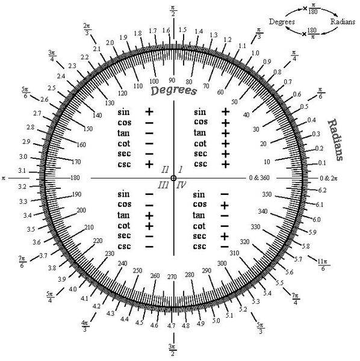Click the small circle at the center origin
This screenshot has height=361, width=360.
tap(173, 178)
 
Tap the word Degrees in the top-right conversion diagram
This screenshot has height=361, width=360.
tap(282, 22)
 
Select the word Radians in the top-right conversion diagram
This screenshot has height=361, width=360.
tap(343, 22)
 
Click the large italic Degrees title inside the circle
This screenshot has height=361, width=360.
tap(174, 91)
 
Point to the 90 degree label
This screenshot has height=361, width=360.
tap(172, 80)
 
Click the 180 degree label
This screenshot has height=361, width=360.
tap(75, 177)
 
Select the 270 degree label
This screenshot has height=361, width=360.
tap(172, 277)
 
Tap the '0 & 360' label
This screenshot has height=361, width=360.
tap(259, 177)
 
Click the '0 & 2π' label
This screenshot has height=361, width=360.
tap(329, 178)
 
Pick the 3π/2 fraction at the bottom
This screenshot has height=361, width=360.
tap(172, 350)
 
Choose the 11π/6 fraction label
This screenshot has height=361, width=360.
tap(323, 265)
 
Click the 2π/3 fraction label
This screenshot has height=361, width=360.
tap(87, 29)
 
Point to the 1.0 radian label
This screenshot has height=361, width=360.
tap(255, 53)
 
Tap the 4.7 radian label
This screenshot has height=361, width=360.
tap(172, 326)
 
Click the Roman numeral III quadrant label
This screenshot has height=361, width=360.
tap(163, 185)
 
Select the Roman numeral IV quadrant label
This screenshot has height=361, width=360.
tap(181, 185)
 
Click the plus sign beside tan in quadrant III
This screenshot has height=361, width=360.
tap(149, 216)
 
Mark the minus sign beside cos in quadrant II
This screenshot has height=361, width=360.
tap(149, 123)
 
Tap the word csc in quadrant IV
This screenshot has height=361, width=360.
tap(199, 246)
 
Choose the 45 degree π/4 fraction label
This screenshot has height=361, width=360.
tap(294, 55)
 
